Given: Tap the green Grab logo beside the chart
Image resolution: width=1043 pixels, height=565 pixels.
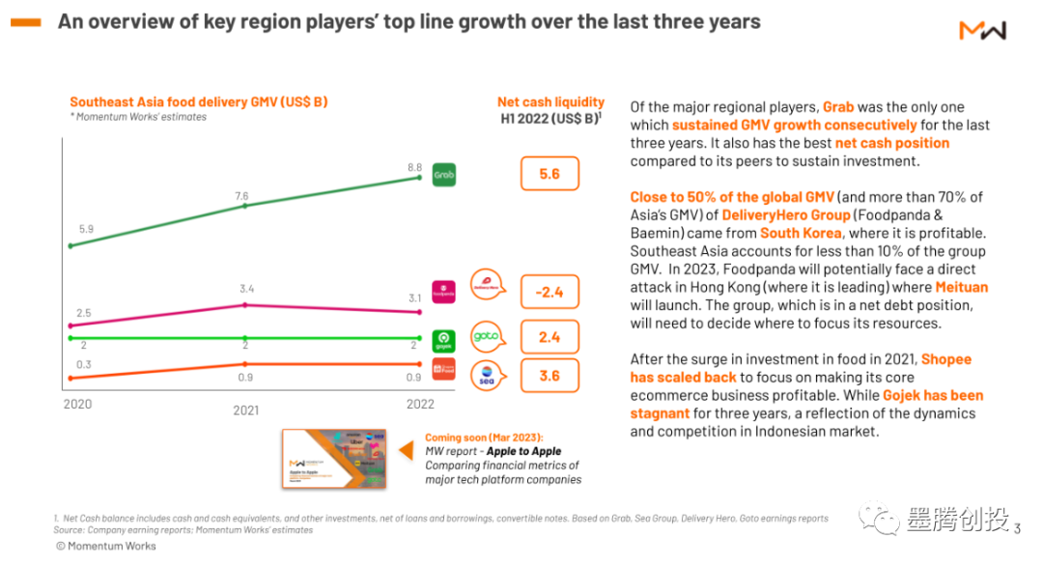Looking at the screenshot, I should tap(443, 175).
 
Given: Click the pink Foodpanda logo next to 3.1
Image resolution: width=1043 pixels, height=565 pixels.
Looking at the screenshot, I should tap(444, 290).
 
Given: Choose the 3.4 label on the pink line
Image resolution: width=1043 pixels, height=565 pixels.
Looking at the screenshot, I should tap(245, 289).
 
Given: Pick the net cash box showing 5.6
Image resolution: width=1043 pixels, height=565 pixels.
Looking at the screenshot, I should tap(550, 174).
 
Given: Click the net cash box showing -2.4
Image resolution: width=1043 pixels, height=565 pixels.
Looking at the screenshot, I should tap(550, 291).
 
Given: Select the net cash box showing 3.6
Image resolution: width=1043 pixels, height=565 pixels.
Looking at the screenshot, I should tap(550, 375).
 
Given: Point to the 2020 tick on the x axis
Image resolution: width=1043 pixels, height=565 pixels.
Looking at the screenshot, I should tap(77, 404).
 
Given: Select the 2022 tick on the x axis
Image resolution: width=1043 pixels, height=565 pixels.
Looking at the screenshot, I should tap(420, 404).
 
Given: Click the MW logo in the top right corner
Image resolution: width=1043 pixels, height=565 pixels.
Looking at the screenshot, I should tap(982, 30).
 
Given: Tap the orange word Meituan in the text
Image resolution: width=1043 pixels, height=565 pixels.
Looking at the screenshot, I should tap(961, 287).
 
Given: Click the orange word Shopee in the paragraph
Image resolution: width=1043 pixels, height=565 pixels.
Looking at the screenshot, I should tap(946, 359).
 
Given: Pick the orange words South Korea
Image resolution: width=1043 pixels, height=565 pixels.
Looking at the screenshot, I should tap(793, 233).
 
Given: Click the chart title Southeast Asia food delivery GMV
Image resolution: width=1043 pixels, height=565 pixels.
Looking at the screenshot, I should tap(199, 101).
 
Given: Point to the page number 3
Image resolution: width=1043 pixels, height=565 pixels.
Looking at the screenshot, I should tap(1017, 526).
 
